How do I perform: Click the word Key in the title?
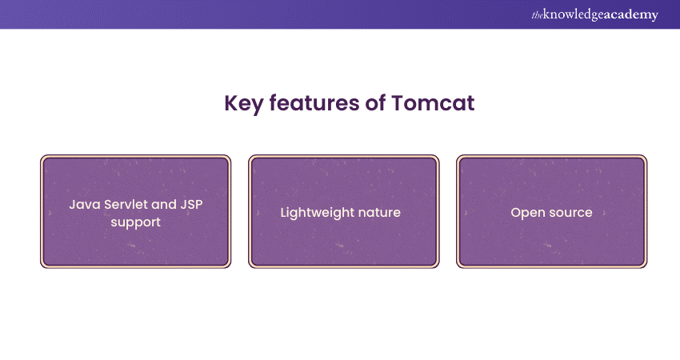243,104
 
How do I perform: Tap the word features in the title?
314,103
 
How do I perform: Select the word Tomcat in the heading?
433,103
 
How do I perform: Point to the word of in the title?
375,103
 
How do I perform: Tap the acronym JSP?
191,204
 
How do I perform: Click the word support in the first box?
136,222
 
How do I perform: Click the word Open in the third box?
523,213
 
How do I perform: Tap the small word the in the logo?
537,15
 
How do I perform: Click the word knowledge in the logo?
572,14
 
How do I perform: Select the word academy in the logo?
630,15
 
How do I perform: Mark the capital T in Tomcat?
398,103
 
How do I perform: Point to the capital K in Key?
231,103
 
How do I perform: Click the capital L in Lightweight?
284,212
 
